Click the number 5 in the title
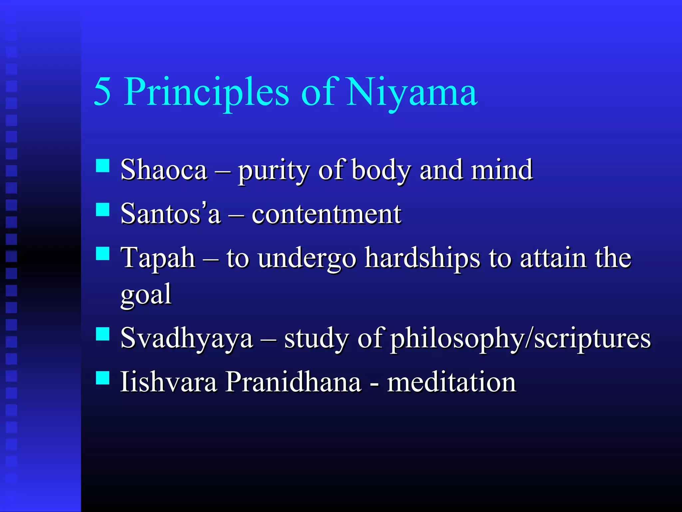tap(102, 92)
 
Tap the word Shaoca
tap(164, 170)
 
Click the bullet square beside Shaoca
tap(103, 165)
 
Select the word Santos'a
tap(170, 214)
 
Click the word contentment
tap(326, 214)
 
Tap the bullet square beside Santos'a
tap(103, 210)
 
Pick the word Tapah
tap(158, 259)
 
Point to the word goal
tap(146, 295)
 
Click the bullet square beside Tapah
tap(103, 253)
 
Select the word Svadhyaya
tap(186, 339)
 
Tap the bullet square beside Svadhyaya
tap(103, 334)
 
